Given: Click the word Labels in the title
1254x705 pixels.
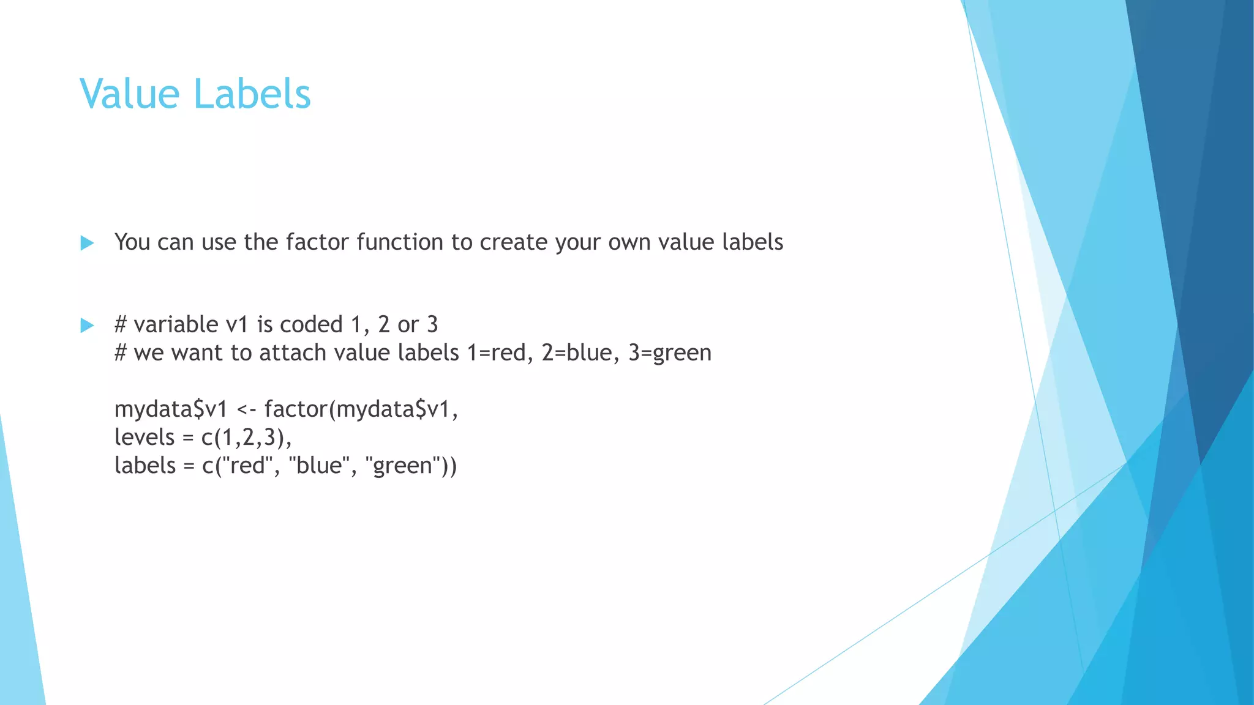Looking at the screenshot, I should [x=252, y=94].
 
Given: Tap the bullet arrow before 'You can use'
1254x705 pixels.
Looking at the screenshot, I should [x=87, y=243].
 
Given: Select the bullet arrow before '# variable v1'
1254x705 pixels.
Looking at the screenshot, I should [x=87, y=325].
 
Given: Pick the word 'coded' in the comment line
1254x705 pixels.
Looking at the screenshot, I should [x=311, y=324].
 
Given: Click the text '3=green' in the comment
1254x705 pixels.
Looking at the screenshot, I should [x=670, y=354].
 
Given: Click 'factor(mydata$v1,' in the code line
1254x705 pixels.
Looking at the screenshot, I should [x=361, y=409].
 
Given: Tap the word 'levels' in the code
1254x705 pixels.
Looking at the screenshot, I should [x=145, y=437].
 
